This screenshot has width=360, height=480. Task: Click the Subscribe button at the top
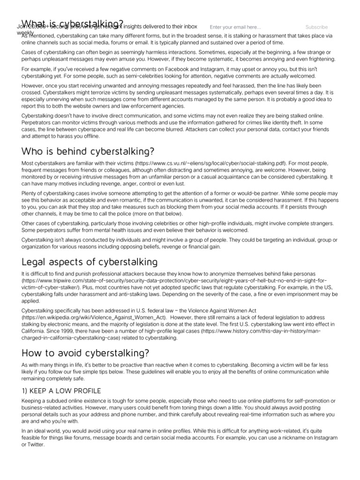316,27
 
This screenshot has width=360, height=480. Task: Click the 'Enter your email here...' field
235,27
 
